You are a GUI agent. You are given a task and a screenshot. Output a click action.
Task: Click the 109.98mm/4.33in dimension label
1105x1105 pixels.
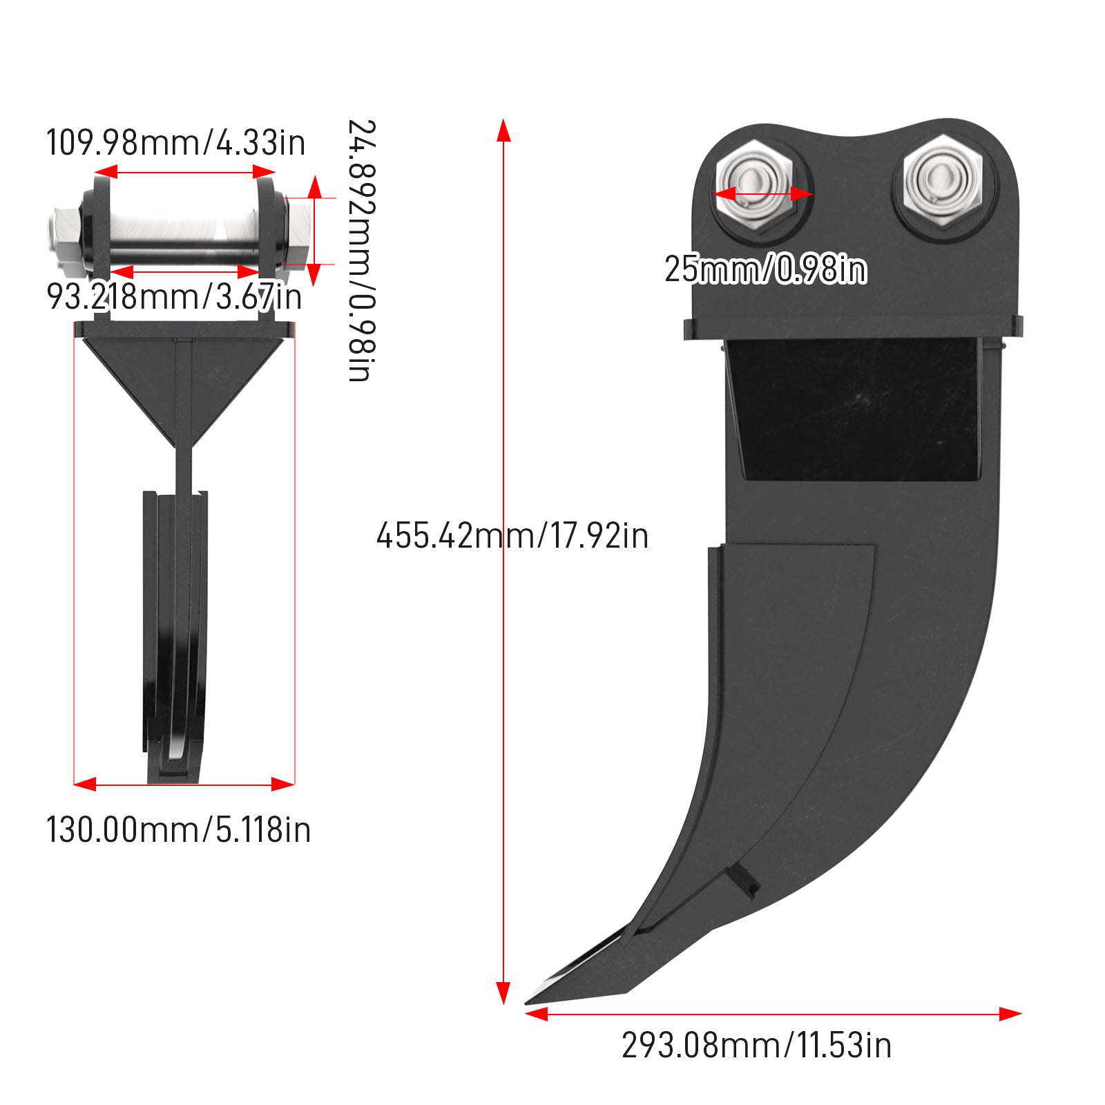pyautogui.click(x=175, y=143)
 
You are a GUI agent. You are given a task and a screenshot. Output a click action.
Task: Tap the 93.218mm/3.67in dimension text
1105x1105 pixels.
pyautogui.click(x=174, y=297)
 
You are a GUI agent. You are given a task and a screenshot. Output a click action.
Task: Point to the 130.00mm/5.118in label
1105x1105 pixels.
pyautogui.click(x=178, y=829)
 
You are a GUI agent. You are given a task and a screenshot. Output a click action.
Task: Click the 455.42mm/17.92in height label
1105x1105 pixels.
pyautogui.click(x=512, y=536)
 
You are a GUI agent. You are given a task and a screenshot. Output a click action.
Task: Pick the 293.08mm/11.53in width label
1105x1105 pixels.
pyautogui.click(x=756, y=1046)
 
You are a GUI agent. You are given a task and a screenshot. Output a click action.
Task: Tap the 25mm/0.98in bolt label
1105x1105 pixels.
pyautogui.click(x=765, y=269)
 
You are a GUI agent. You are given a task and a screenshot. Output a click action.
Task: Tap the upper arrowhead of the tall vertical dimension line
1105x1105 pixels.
pyautogui.click(x=503, y=130)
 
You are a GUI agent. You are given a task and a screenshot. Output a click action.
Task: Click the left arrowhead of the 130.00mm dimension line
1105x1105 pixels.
pyautogui.click(x=85, y=784)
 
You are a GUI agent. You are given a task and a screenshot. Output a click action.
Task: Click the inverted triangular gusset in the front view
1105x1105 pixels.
pyautogui.click(x=183, y=387)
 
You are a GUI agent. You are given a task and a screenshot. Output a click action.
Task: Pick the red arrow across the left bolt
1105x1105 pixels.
pyautogui.click(x=764, y=194)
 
